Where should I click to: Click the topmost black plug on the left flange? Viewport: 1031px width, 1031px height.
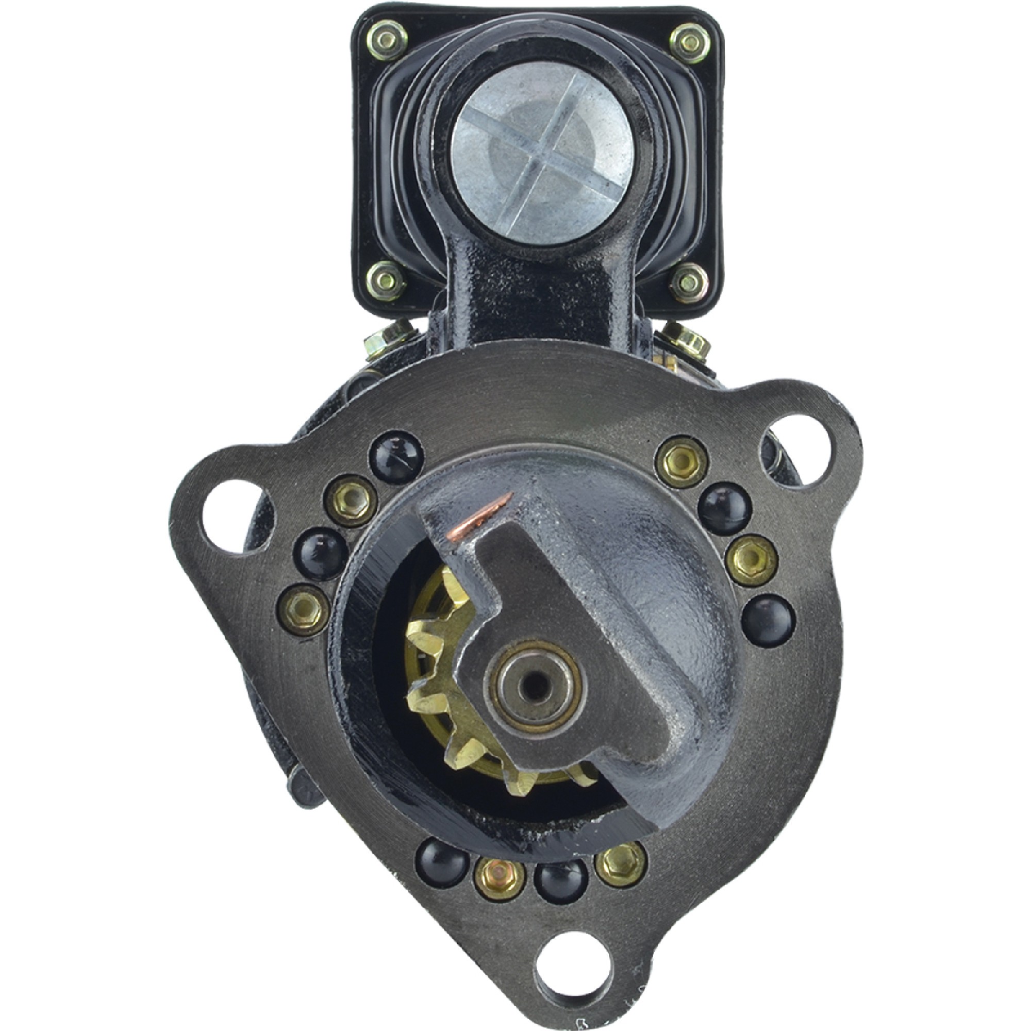pos(396,456)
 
